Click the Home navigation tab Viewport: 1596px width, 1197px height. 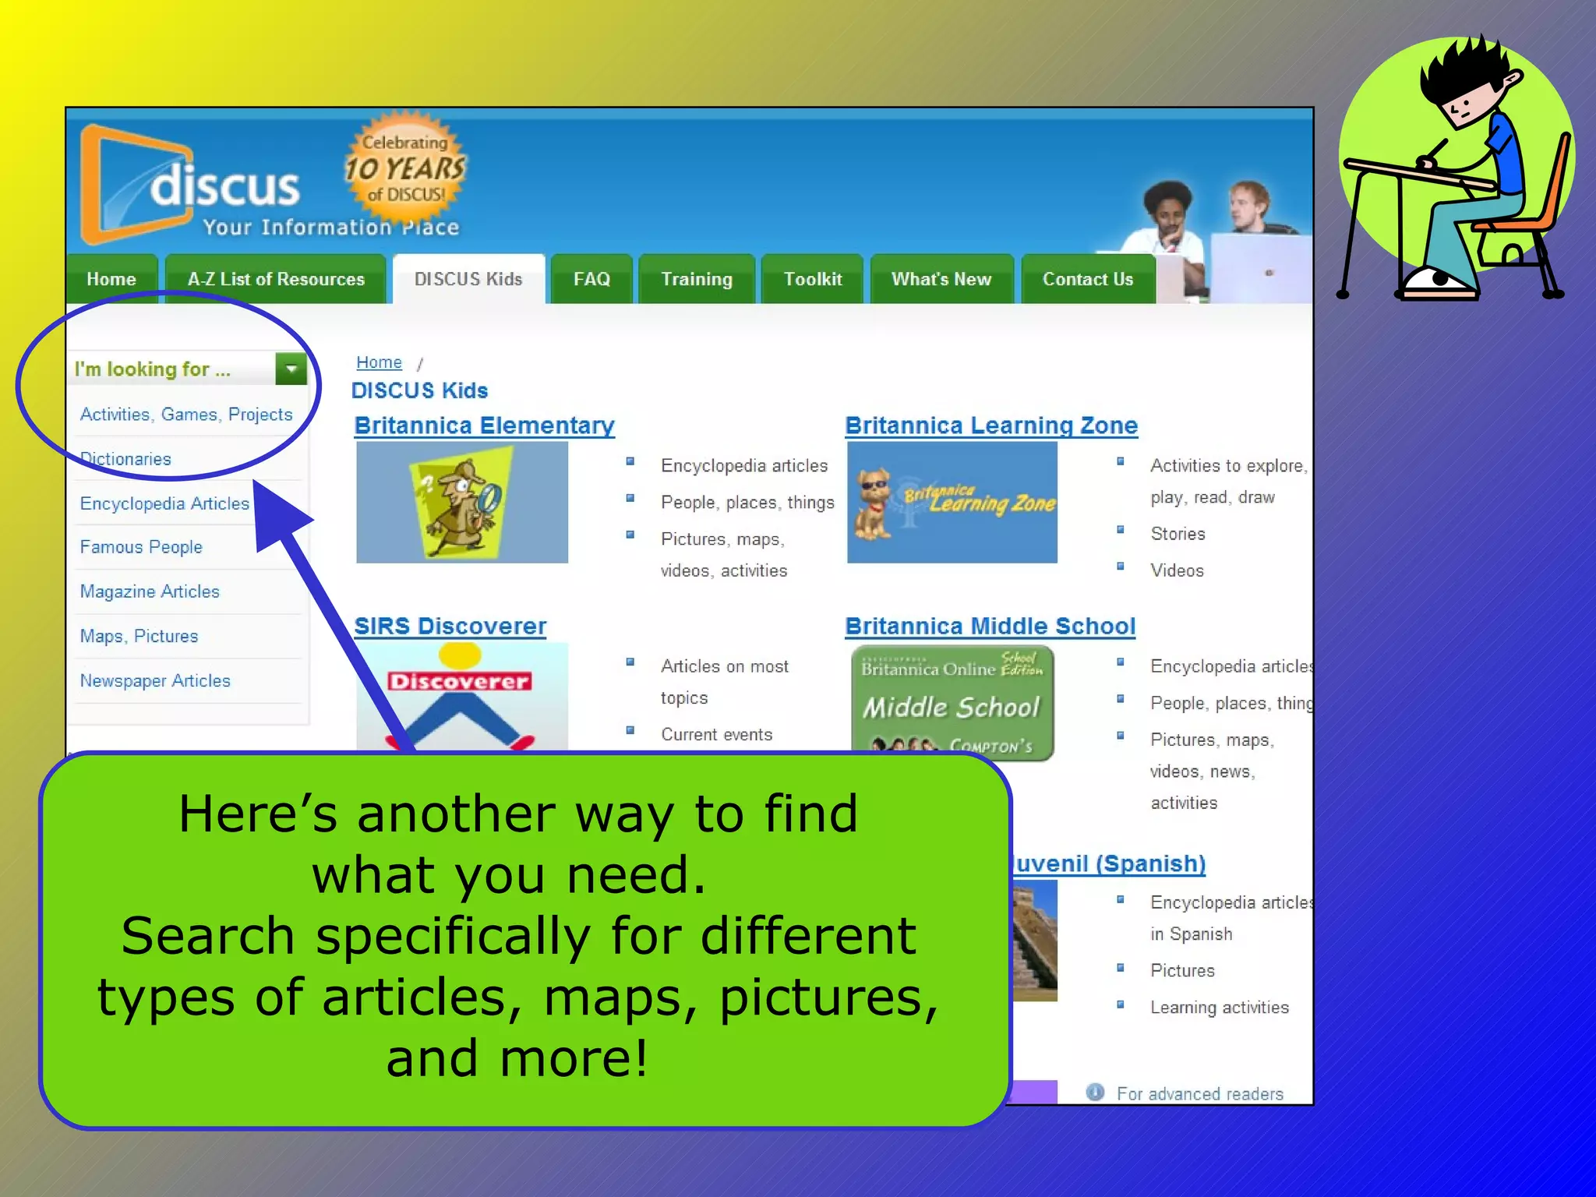(x=111, y=279)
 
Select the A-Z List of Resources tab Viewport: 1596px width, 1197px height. (x=276, y=279)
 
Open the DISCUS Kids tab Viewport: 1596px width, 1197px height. (x=468, y=279)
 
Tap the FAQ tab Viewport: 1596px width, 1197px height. (x=591, y=279)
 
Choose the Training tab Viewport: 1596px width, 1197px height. (x=697, y=279)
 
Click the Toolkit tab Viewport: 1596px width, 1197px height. (x=813, y=279)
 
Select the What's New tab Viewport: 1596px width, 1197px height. (x=941, y=279)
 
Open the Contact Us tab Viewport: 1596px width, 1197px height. (x=1088, y=279)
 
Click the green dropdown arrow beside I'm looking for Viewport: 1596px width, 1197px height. (x=291, y=369)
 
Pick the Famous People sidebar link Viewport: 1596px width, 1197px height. (x=141, y=547)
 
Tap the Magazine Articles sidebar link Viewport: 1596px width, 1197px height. (x=150, y=591)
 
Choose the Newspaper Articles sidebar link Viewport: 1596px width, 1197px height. (x=155, y=680)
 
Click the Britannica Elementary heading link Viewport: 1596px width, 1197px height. (x=484, y=425)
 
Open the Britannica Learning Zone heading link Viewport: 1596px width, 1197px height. (x=991, y=425)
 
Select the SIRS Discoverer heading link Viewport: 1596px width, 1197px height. (x=450, y=626)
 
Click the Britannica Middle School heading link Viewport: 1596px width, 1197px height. (x=990, y=626)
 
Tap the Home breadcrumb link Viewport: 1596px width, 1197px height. (x=379, y=362)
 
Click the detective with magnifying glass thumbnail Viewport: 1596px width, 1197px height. (x=462, y=503)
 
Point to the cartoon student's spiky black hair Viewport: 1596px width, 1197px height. (x=1465, y=70)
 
